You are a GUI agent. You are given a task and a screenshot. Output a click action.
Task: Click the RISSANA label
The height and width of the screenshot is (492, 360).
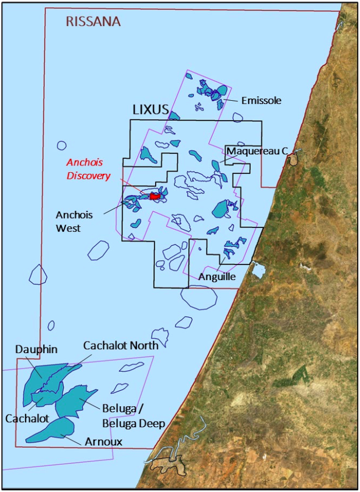coord(93,22)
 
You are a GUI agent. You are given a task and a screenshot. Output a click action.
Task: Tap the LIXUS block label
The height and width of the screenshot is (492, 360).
coord(150,110)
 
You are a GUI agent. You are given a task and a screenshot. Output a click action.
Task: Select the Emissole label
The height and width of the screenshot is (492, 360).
coord(261,101)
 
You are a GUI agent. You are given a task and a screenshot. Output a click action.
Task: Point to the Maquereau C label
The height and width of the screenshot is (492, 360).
coord(257,151)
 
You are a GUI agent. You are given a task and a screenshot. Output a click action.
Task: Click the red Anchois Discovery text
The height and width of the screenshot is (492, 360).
coord(88,169)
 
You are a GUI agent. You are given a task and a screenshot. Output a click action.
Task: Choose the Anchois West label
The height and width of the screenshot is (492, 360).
coord(74,221)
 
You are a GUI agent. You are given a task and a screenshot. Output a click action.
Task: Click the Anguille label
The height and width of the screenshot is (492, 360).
coord(217,277)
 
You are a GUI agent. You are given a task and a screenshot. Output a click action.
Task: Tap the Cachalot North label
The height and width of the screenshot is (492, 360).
coord(121,345)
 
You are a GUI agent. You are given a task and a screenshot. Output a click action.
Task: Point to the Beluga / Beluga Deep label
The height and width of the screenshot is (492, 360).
coord(133,416)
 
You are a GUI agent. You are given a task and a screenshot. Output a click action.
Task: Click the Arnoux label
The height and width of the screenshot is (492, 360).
coord(103,442)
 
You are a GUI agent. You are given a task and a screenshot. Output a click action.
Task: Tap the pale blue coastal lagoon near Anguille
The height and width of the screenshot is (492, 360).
coord(258,271)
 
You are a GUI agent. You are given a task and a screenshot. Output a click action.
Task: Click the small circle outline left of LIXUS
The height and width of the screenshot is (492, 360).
coord(61,146)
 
